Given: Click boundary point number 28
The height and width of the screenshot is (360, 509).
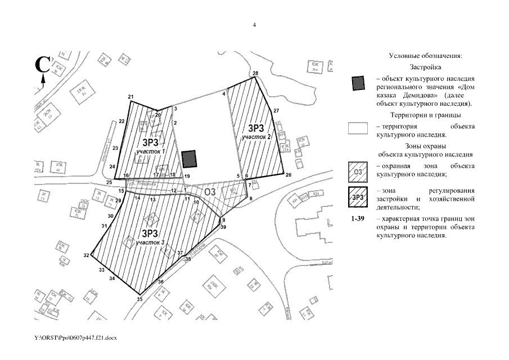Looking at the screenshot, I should [x=255, y=74].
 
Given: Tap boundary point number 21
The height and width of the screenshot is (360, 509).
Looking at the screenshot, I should [x=130, y=97].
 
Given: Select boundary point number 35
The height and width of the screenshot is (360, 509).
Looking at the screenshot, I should [x=139, y=299].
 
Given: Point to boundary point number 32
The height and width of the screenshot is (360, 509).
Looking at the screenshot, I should [x=86, y=255].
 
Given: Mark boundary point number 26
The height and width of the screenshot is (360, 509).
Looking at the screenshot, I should [x=289, y=175].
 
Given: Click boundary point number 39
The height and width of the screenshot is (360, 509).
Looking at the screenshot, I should [x=223, y=227].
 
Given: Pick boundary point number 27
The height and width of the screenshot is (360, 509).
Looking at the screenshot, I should [x=276, y=111].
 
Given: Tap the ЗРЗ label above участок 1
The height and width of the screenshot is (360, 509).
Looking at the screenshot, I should [x=151, y=142].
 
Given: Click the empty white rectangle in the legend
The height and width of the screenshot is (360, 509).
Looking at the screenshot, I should [x=358, y=128].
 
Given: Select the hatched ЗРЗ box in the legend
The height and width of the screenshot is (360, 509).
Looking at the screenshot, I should [x=358, y=197].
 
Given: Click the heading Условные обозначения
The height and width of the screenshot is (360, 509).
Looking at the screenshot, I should [x=425, y=56].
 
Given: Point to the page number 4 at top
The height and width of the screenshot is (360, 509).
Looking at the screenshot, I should [x=254, y=25].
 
